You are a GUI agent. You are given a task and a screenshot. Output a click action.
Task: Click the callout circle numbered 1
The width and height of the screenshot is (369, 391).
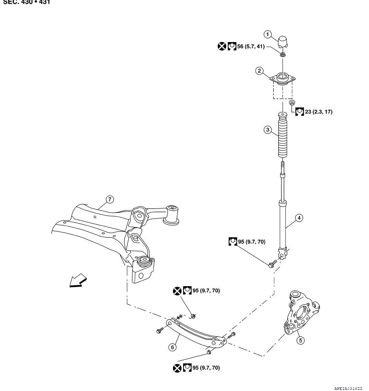[x=267, y=34]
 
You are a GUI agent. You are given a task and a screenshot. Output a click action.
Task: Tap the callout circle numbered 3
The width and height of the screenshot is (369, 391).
[x=267, y=130]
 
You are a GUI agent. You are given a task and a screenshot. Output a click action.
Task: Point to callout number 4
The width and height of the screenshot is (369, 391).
[x=298, y=218]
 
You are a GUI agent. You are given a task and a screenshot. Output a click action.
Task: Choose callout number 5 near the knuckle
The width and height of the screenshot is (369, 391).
[x=301, y=340]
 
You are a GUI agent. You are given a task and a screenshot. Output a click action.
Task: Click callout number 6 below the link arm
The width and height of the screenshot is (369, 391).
[x=172, y=347]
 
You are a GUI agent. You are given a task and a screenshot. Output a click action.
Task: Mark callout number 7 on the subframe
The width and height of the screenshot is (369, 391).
[x=109, y=200]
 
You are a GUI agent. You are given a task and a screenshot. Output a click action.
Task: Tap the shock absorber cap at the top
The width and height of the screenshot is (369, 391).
[x=283, y=41]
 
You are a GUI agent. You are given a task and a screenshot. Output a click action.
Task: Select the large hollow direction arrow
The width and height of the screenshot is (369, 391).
[x=78, y=281]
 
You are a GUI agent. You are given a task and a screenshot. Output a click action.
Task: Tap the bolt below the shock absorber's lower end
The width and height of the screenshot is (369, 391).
[x=272, y=264]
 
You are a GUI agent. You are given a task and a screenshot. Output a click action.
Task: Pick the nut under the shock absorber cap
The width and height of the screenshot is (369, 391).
[x=283, y=55]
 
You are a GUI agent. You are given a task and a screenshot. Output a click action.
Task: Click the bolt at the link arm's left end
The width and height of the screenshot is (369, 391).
[x=160, y=330]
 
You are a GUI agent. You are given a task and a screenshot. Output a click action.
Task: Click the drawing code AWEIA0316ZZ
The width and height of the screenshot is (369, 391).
[x=347, y=388]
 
